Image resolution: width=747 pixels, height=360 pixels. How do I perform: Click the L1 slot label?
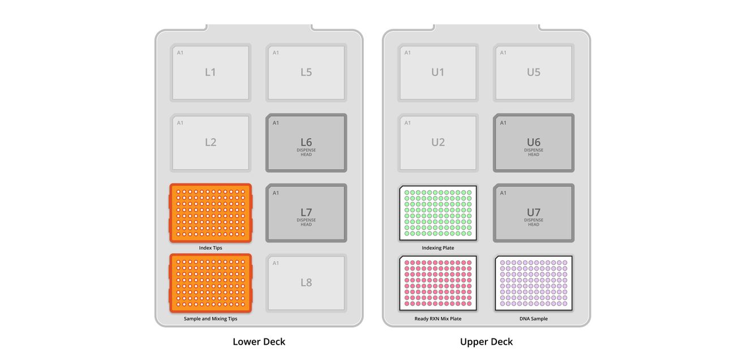(x=211, y=72)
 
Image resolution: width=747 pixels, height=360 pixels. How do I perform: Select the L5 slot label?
(x=306, y=72)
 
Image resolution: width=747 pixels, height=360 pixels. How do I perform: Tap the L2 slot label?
(x=211, y=142)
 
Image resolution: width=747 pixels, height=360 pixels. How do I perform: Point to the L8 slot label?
(x=306, y=282)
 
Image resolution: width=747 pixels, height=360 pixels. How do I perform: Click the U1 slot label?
(x=438, y=72)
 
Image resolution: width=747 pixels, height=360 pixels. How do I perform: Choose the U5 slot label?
(x=534, y=72)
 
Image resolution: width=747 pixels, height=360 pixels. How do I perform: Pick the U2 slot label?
(x=438, y=142)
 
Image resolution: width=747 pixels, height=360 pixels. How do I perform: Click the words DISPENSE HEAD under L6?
(x=306, y=152)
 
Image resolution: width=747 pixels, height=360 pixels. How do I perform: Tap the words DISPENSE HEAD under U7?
(x=534, y=222)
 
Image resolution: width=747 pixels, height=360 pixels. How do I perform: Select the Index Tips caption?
(x=211, y=248)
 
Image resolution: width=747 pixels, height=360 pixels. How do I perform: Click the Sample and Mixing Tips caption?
(x=211, y=319)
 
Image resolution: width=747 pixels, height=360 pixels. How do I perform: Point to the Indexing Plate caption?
(x=438, y=248)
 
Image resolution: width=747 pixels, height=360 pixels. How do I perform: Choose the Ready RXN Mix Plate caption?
(x=438, y=319)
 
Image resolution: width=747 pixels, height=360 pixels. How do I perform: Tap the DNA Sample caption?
(x=534, y=319)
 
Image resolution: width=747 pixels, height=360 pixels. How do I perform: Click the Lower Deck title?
(x=259, y=342)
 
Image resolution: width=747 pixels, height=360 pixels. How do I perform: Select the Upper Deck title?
(x=486, y=342)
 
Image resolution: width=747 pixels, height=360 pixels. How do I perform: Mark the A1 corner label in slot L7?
(x=276, y=193)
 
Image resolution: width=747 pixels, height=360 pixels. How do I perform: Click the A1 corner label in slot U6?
(x=503, y=123)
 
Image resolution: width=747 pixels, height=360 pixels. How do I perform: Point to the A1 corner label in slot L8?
(x=276, y=263)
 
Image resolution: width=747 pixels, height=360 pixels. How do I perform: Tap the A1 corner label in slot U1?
(x=407, y=53)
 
